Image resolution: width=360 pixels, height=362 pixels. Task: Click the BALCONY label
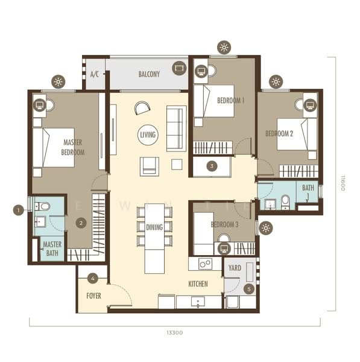pyautogui.click(x=149, y=74)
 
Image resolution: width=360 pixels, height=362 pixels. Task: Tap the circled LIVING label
pyautogui.click(x=148, y=135)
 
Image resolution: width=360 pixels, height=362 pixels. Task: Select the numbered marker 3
pyautogui.click(x=212, y=166)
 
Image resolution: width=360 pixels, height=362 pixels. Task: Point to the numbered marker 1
pyautogui.click(x=19, y=210)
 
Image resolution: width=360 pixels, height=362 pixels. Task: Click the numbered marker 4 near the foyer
pyautogui.click(x=93, y=278)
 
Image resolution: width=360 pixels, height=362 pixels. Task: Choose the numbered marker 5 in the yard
pyautogui.click(x=249, y=289)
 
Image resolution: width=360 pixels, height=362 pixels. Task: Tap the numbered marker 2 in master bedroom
pyautogui.click(x=81, y=223)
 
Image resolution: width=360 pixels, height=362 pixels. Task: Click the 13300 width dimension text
pyautogui.click(x=175, y=332)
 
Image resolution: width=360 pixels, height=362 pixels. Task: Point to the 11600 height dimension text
pyautogui.click(x=343, y=183)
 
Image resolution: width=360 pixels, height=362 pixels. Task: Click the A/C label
pyautogui.click(x=95, y=74)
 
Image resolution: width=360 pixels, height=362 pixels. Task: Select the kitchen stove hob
pyautogui.click(x=206, y=264)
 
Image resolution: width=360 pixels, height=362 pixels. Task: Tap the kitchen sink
pyautogui.click(x=198, y=302)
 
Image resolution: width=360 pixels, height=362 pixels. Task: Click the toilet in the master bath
pyautogui.click(x=42, y=206)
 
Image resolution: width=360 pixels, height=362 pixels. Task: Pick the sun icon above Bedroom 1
pyautogui.click(x=224, y=48)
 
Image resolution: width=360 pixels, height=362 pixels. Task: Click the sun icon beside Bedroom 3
pyautogui.click(x=266, y=228)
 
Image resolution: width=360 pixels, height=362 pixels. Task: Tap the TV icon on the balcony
pyautogui.click(x=179, y=68)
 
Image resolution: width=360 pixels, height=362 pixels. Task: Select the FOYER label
pyautogui.click(x=93, y=296)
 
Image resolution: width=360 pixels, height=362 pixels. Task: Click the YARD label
pyautogui.click(x=235, y=268)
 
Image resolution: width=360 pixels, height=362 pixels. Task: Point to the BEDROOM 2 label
pyautogui.click(x=279, y=133)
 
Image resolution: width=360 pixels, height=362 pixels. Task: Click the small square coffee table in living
pyautogui.click(x=177, y=164)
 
